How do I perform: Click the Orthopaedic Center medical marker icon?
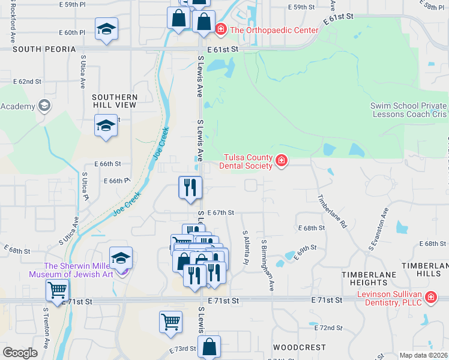coord(221,29)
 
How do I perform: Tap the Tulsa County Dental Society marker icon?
coord(281,160)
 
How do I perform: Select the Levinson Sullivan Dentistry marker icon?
coord(430,298)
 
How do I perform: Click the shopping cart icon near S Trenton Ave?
coord(57,290)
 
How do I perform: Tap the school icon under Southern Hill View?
coord(106,126)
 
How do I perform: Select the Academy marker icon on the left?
coord(43,106)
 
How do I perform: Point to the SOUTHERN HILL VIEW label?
coord(115,101)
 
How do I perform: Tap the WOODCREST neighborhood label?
coord(299,347)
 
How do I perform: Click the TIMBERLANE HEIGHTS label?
coord(364,278)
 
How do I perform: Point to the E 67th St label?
coord(220,212)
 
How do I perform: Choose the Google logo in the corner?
coord(20,353)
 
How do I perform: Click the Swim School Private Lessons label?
coord(409,110)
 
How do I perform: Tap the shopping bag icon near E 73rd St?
coord(209,347)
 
